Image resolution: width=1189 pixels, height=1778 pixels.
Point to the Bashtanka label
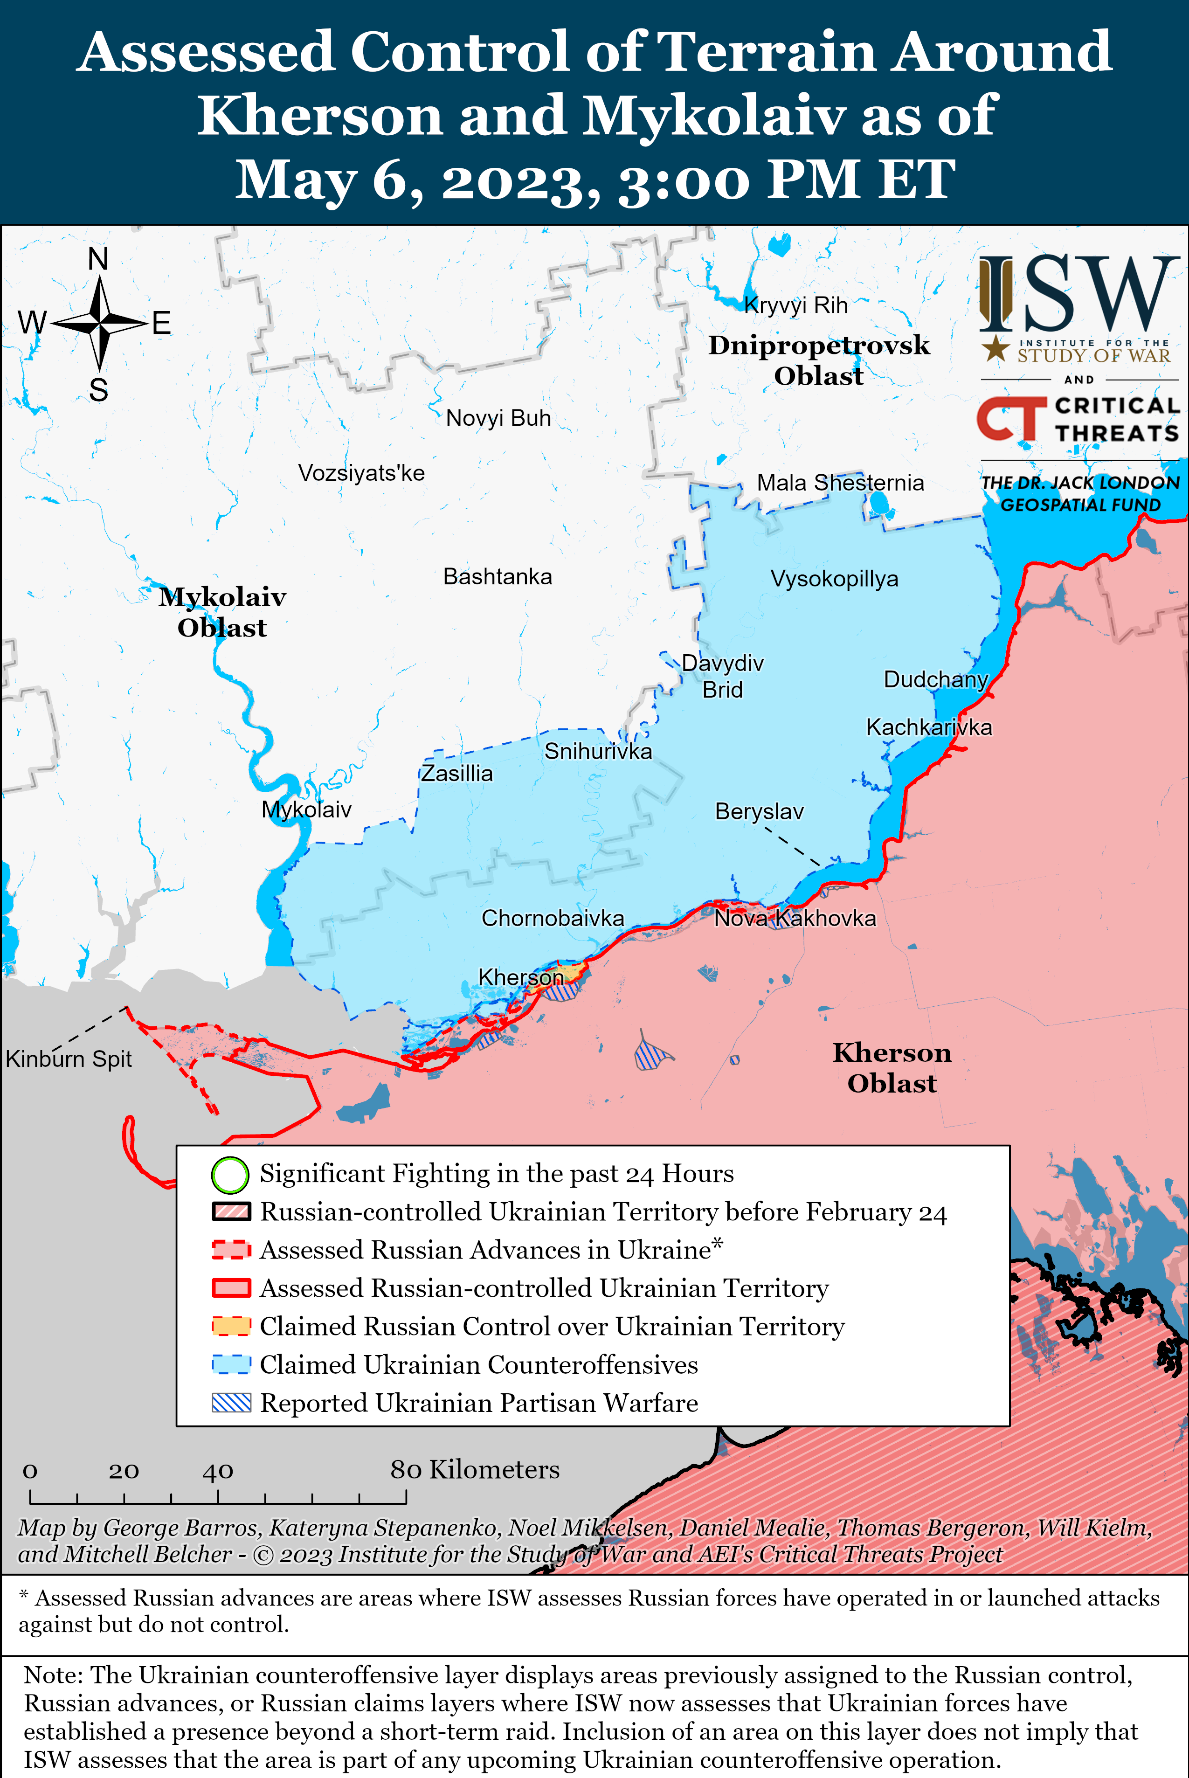(498, 576)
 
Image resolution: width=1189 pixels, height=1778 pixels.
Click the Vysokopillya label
(834, 579)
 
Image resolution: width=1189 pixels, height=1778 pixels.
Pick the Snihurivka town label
(598, 751)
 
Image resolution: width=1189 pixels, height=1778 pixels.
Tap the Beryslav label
(759, 811)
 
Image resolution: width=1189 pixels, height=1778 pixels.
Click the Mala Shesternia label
(840, 483)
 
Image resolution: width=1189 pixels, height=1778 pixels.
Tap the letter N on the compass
(98, 259)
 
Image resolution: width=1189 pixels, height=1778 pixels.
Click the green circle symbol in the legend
(230, 1175)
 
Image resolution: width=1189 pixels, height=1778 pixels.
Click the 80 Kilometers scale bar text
(475, 1469)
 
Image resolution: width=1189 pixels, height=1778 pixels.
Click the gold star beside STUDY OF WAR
(995, 350)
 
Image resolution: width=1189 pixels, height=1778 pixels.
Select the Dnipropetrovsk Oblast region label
(818, 360)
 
